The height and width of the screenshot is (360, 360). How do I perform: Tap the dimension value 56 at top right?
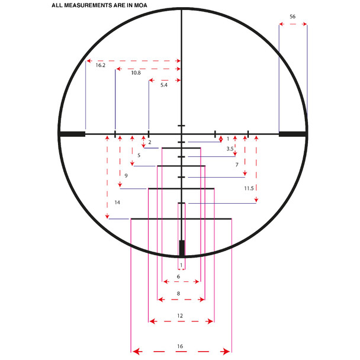coord(292,17)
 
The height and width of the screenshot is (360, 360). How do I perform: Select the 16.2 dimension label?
coord(100,65)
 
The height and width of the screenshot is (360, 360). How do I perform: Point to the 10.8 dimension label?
coord(136,73)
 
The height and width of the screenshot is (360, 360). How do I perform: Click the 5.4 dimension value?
coord(164,85)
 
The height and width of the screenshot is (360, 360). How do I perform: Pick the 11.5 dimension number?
coord(249,188)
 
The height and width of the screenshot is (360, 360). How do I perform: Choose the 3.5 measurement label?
coord(230,149)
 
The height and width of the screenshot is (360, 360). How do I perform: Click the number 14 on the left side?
coord(117,202)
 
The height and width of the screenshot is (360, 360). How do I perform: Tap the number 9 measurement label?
coord(126,176)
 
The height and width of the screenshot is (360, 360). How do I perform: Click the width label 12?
coord(180,316)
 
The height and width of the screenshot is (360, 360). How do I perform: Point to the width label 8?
coord(178,293)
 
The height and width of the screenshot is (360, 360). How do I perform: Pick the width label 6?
coord(178,277)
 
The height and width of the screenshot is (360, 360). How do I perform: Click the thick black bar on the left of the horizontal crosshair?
coord(72,134)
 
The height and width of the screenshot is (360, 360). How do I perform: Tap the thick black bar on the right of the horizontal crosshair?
coord(292,134)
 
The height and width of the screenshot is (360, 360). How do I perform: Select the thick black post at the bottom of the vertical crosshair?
coord(182,248)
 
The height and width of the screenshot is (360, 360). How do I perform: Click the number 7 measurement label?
coord(236,164)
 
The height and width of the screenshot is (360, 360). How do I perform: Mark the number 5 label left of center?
coord(139,155)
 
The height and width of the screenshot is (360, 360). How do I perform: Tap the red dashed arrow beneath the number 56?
coord(293,25)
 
